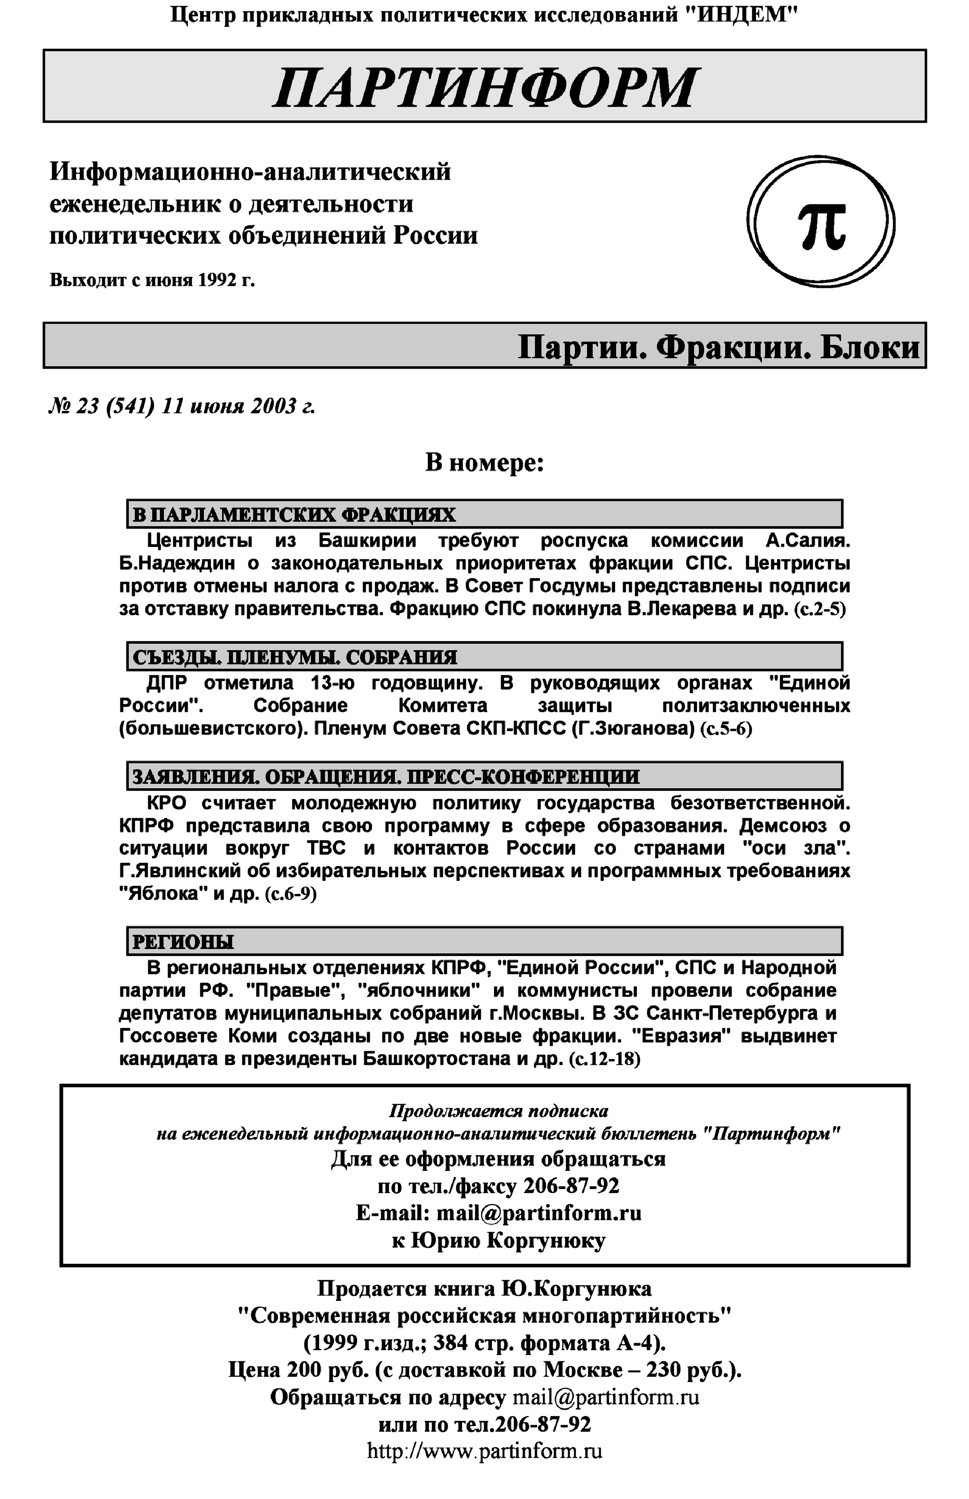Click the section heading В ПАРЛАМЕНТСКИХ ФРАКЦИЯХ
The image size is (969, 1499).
[x=294, y=515]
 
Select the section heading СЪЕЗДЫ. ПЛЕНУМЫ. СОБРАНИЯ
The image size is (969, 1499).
[x=294, y=657]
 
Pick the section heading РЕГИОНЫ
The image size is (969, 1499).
[x=182, y=942]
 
